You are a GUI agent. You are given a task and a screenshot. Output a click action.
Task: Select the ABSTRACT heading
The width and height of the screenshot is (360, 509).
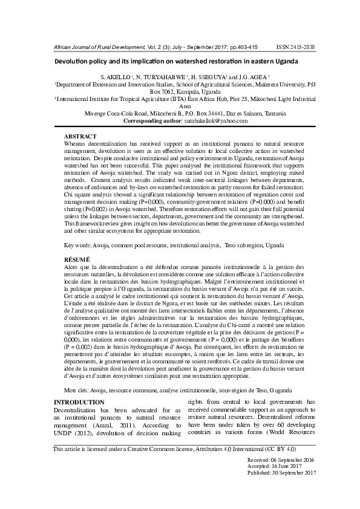(80, 137)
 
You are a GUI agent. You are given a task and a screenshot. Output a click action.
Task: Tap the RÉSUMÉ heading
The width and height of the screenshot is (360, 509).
(78, 259)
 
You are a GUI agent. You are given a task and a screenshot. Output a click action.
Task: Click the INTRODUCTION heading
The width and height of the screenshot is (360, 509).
(79, 402)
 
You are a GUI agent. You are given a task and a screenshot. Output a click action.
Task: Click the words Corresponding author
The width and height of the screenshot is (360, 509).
(152, 121)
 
